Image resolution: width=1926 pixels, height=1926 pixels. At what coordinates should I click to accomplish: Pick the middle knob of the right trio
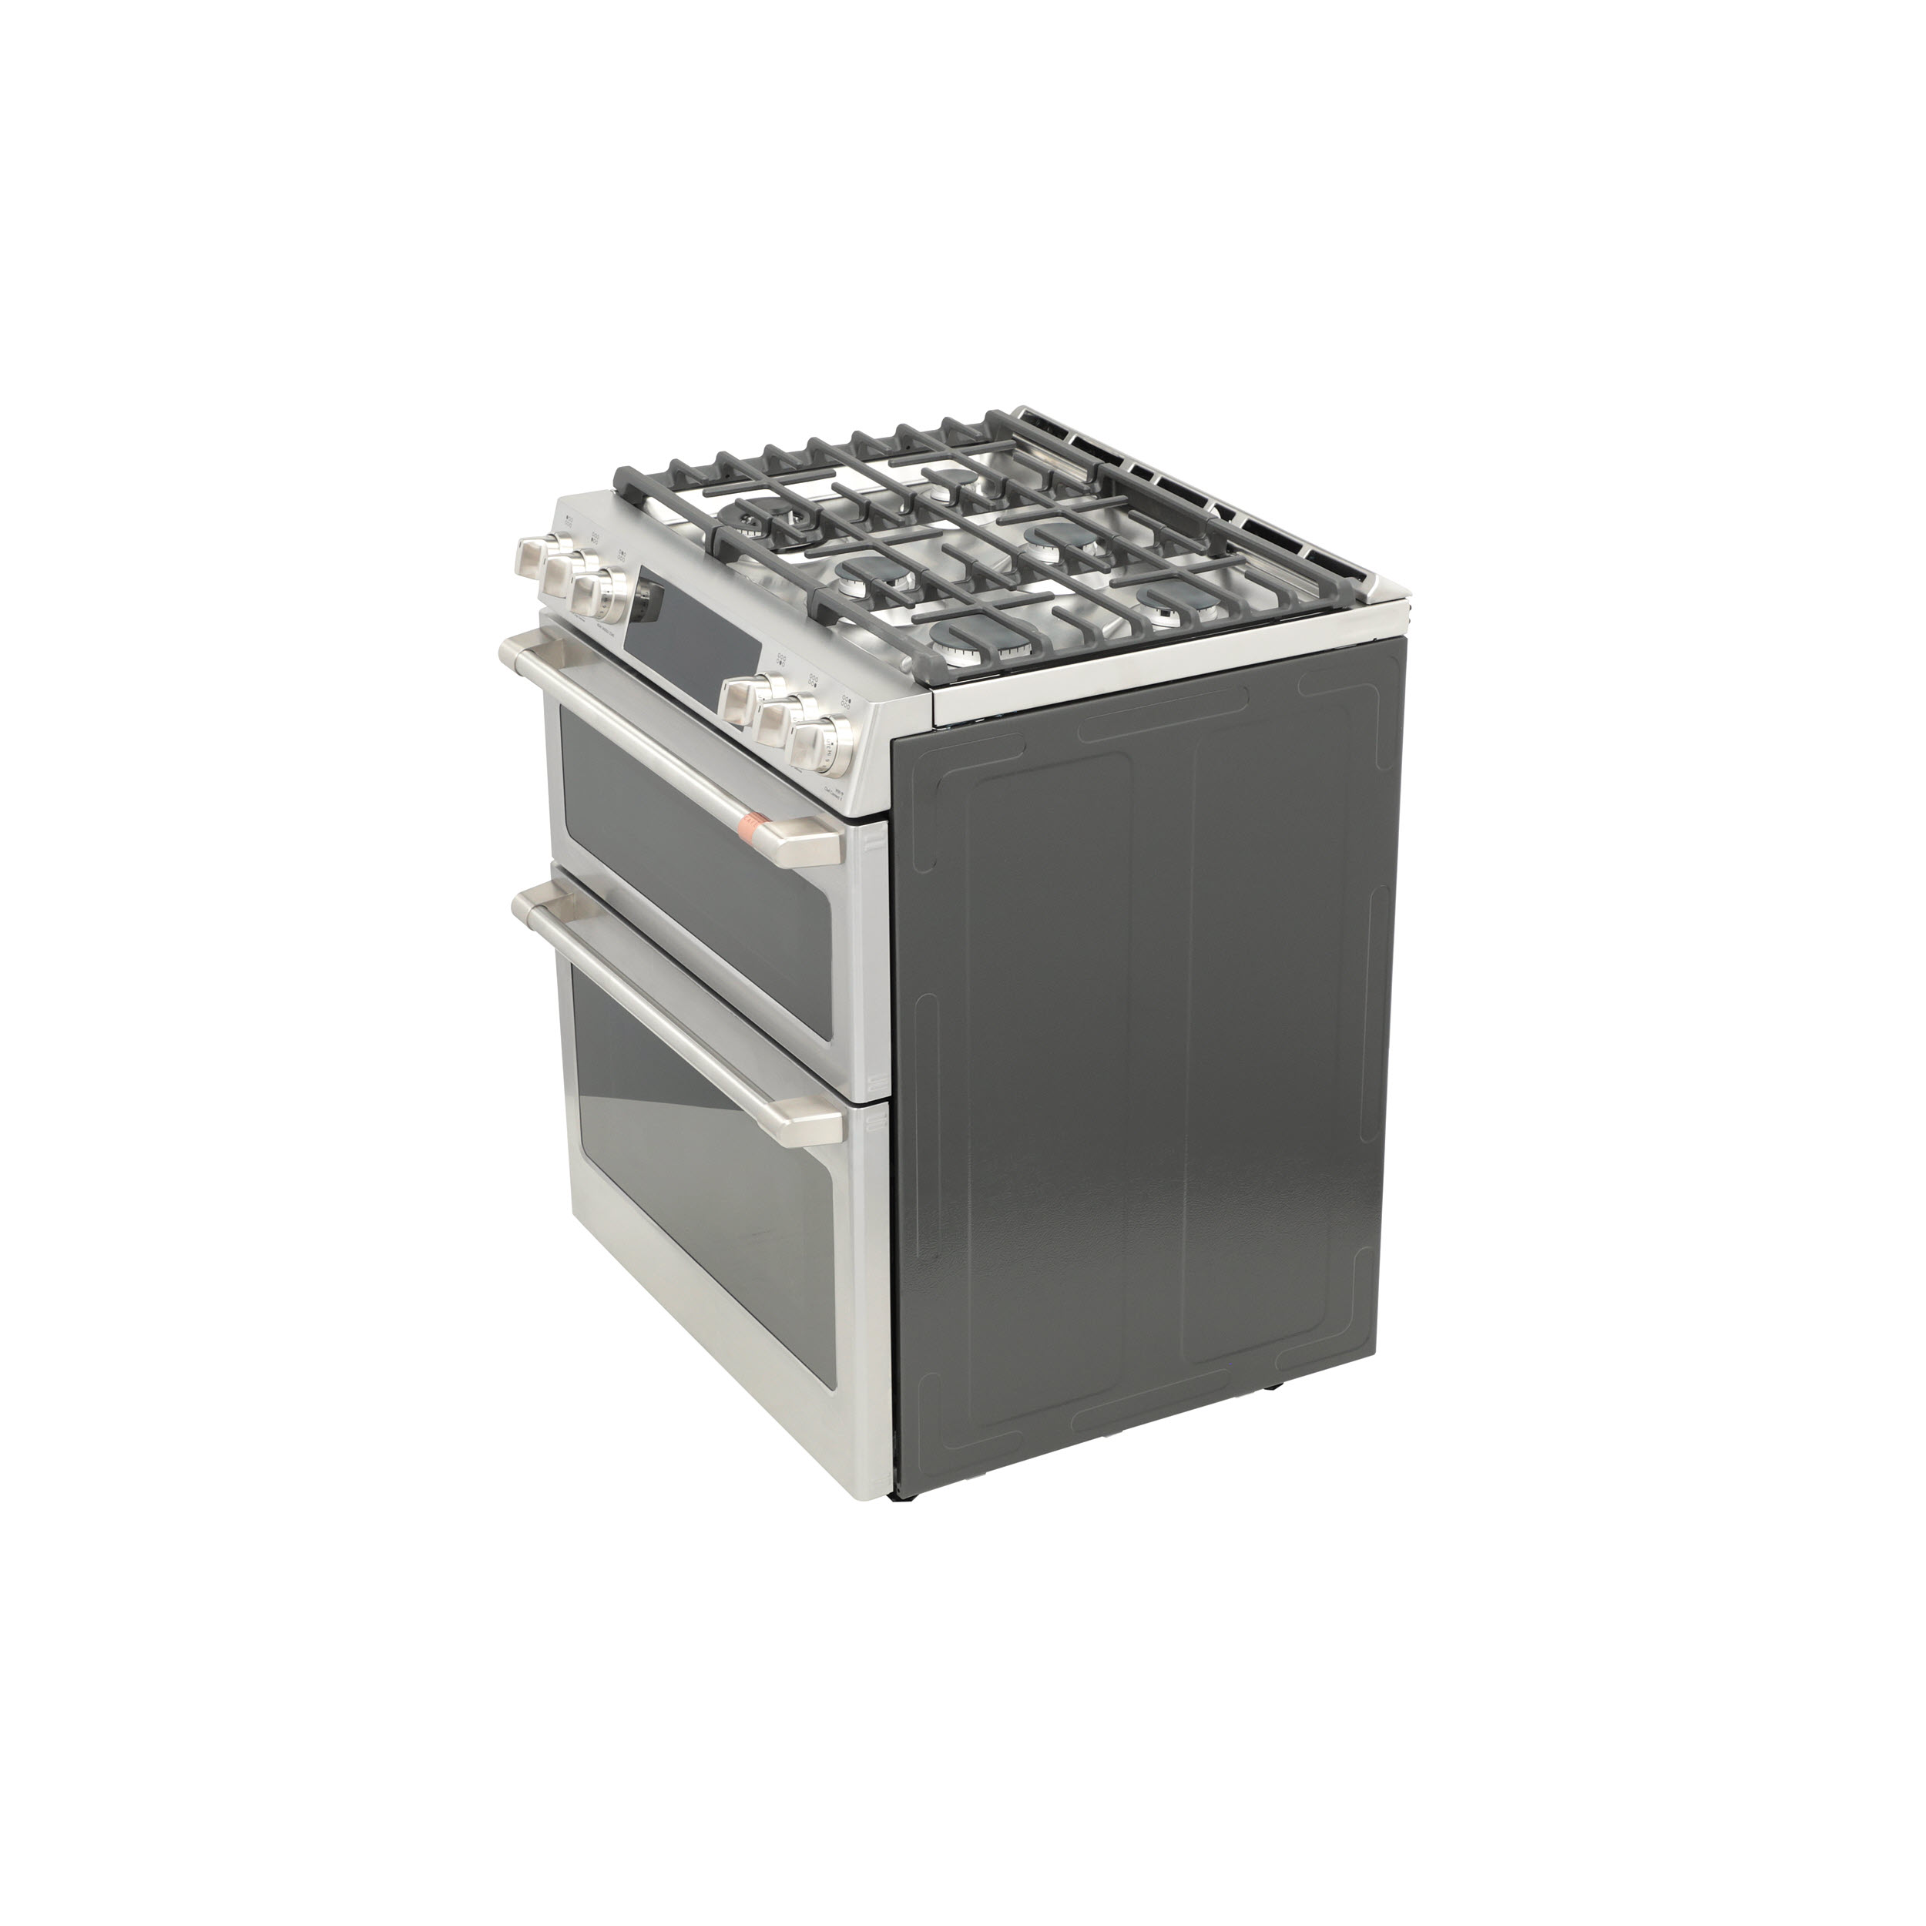pos(780,721)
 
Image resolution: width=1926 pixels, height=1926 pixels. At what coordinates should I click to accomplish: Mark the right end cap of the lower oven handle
pos(817,1126)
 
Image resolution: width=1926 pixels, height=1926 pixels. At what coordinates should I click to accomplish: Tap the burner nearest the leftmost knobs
pos(760,518)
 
